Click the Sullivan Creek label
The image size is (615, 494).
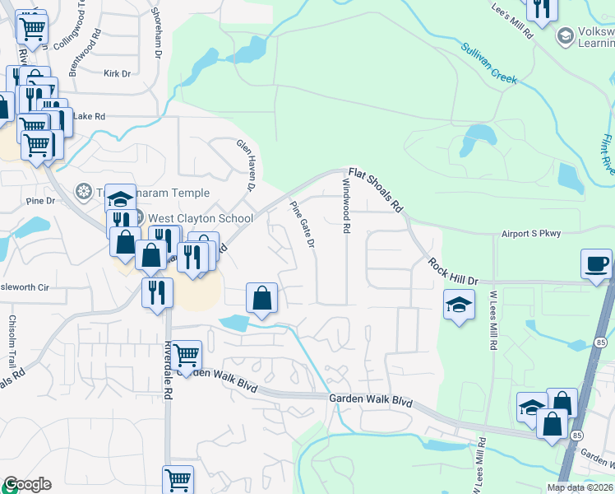[488, 64]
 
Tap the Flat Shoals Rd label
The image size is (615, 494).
[374, 190]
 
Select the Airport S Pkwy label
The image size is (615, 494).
[531, 234]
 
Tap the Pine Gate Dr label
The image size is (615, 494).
[302, 223]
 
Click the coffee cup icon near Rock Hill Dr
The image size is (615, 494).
[596, 263]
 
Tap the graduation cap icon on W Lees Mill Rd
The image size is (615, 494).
[459, 305]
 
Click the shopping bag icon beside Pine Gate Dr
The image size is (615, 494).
[261, 297]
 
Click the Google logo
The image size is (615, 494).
[26, 484]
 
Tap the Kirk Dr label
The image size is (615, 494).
[118, 73]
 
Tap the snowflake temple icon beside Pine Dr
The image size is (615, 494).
[83, 192]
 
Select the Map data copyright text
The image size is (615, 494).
[580, 487]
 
